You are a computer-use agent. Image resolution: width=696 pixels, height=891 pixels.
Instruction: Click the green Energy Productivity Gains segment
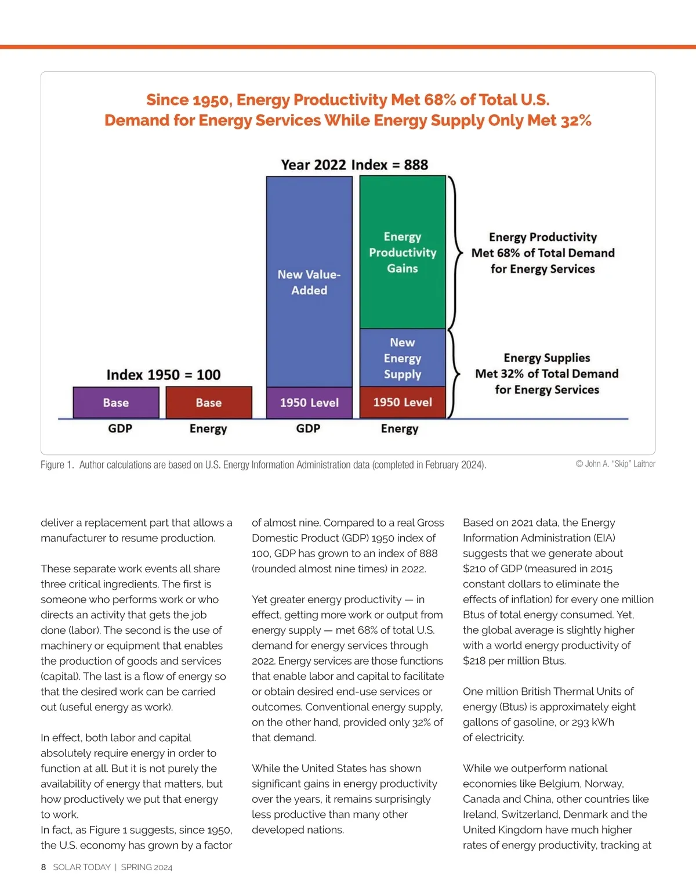coord(403,252)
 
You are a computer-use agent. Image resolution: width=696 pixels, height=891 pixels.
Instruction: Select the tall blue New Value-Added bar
coord(309,282)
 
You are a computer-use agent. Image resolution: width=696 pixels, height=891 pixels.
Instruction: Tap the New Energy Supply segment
coord(403,358)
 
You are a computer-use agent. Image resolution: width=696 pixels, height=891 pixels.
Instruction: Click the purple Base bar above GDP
coord(116,402)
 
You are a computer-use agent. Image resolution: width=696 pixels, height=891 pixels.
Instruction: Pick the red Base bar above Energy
coord(209,402)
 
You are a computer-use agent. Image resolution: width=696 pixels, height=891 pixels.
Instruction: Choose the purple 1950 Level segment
coord(309,402)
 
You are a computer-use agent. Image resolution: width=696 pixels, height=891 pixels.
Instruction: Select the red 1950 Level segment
coord(403,402)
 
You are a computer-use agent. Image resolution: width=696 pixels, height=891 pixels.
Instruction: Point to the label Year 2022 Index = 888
coord(354,165)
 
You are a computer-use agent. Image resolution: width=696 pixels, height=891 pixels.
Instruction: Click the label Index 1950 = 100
coord(164,374)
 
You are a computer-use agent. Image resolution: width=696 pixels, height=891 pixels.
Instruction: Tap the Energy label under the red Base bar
coord(208,429)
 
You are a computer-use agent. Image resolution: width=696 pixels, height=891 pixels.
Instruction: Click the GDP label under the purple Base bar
coord(120,428)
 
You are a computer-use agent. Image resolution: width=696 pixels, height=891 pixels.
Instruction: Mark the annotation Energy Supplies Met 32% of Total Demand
coord(547,374)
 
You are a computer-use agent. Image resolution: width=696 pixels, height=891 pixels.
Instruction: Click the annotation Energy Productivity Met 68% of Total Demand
coord(543,252)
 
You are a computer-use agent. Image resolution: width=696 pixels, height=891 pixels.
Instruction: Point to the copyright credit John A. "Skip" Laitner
coord(615,464)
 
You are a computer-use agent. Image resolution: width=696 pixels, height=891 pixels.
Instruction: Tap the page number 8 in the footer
coord(43,867)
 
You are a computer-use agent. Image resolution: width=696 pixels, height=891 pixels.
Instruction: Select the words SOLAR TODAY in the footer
coord(82,867)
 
